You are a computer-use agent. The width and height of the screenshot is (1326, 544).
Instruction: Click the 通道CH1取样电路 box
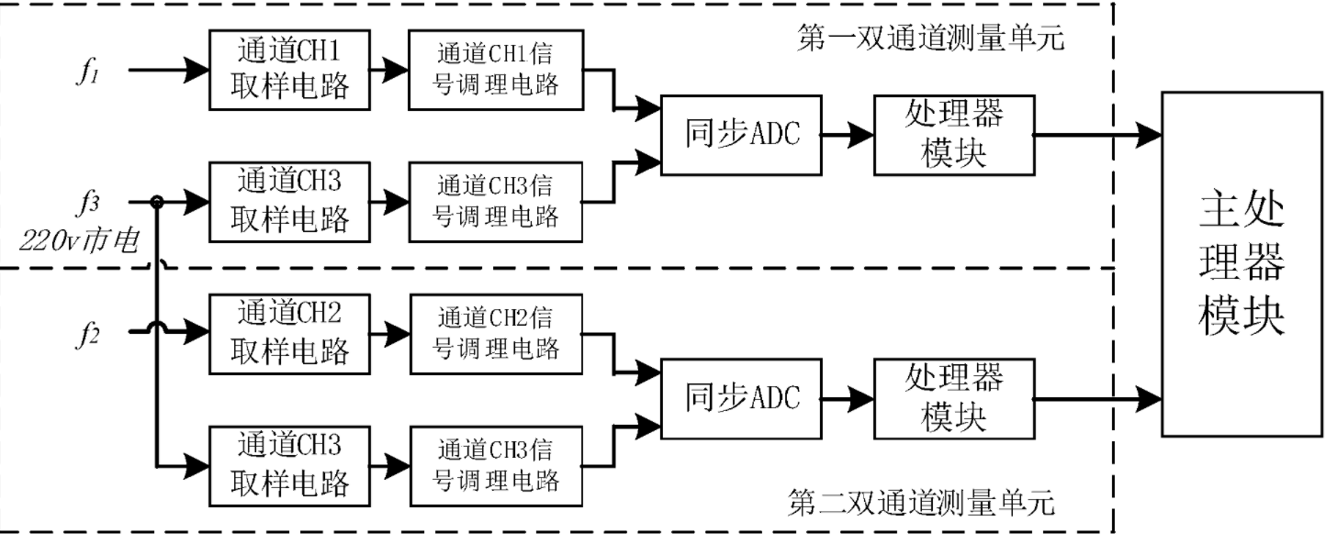coord(289,69)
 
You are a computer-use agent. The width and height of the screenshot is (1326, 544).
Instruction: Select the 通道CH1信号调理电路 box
coord(497,69)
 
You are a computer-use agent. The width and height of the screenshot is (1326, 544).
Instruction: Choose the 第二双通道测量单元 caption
coord(922,503)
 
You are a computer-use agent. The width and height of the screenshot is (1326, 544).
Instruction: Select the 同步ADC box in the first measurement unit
coord(740,135)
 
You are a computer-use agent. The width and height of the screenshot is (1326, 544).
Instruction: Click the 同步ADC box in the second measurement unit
coord(740,397)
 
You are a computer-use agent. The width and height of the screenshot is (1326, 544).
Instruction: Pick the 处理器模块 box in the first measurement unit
coord(953,135)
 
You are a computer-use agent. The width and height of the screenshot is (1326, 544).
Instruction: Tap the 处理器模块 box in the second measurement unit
coord(953,397)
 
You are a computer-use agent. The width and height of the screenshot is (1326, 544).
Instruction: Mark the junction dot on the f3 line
coord(158,201)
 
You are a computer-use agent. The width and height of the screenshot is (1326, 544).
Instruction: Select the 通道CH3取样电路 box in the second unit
coord(289,465)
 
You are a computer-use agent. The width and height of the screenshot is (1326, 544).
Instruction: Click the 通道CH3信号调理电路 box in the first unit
coord(497,201)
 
